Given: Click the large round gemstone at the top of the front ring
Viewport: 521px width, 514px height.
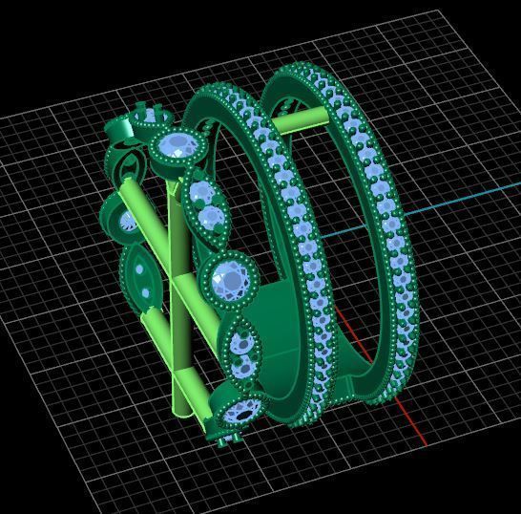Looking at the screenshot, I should coord(177,147).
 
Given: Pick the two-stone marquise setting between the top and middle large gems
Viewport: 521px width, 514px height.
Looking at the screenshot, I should coord(204,206).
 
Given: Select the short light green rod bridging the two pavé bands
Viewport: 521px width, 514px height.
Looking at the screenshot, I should coord(302,120).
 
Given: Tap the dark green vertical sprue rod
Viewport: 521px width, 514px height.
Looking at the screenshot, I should coord(177,315).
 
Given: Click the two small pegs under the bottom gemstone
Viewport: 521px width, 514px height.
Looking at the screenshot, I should coord(225,440).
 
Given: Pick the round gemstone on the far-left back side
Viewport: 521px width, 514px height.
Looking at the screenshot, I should coord(127,222).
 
